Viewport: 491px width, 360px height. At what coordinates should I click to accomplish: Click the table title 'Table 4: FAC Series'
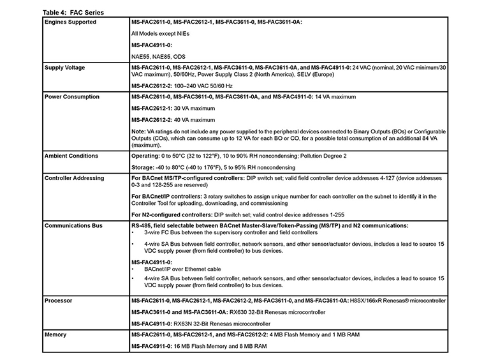click(73, 13)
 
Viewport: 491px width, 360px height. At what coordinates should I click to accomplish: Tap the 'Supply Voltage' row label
click(66, 67)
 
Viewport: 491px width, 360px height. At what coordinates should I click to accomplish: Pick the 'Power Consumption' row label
click(73, 97)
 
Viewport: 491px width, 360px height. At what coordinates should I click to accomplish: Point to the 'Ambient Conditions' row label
click(71, 156)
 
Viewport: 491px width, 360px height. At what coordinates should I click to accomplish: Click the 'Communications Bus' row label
click(75, 225)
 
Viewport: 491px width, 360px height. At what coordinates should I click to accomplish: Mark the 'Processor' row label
click(58, 299)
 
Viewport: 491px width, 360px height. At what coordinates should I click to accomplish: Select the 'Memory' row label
click(55, 334)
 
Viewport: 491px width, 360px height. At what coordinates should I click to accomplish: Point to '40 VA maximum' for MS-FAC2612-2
click(194, 120)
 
